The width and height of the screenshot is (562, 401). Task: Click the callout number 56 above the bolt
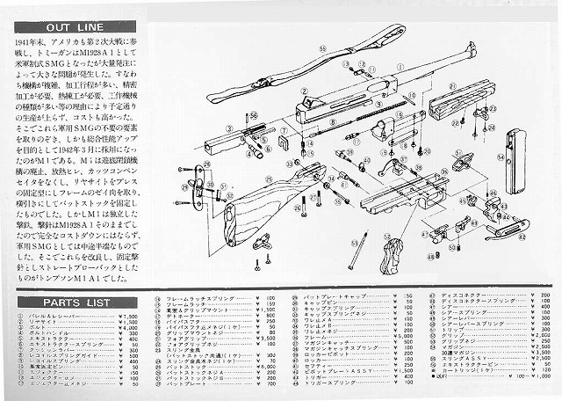point(254,114)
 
